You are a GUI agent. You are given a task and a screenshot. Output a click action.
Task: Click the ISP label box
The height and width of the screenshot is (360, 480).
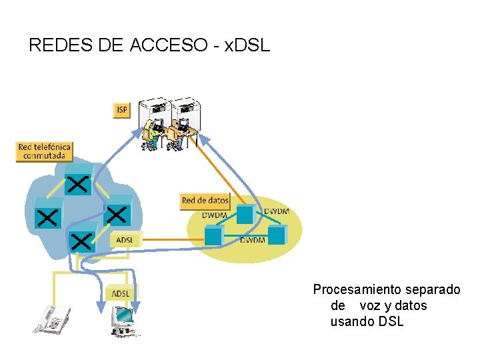click(x=121, y=110)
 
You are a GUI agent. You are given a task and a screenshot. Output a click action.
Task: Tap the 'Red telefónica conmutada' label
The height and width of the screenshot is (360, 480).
click(x=44, y=151)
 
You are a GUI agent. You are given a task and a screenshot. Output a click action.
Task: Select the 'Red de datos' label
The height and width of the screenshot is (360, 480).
click(x=205, y=200)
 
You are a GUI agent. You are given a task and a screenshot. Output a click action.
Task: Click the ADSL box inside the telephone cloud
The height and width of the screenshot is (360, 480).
click(x=124, y=239)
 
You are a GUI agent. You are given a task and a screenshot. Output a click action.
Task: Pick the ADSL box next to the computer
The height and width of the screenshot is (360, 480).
click(x=121, y=293)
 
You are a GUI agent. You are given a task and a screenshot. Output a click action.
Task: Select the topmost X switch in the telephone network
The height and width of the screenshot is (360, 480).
click(x=79, y=183)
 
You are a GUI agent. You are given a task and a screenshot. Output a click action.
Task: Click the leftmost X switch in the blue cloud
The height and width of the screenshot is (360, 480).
click(x=47, y=215)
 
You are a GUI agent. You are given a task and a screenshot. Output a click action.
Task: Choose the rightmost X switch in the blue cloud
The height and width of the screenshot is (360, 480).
click(x=117, y=213)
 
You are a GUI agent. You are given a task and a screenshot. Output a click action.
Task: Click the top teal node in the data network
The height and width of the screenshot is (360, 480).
click(x=245, y=213)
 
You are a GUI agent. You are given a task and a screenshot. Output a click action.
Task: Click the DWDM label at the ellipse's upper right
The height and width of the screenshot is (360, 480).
click(x=276, y=211)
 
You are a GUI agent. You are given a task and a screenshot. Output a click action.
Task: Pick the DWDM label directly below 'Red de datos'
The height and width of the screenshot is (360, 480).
click(x=215, y=215)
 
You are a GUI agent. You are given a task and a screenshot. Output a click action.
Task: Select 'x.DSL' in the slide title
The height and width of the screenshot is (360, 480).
click(x=247, y=45)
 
